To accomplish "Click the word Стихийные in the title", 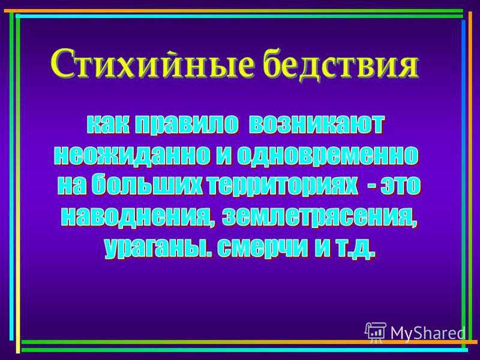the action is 153,65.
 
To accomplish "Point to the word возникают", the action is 316,125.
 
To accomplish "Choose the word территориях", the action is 281,187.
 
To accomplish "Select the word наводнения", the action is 136,217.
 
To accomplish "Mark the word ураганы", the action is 158,248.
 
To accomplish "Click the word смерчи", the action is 263,248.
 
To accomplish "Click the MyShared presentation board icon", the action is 376,332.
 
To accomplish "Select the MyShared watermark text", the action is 428,333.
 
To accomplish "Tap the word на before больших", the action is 73,186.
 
